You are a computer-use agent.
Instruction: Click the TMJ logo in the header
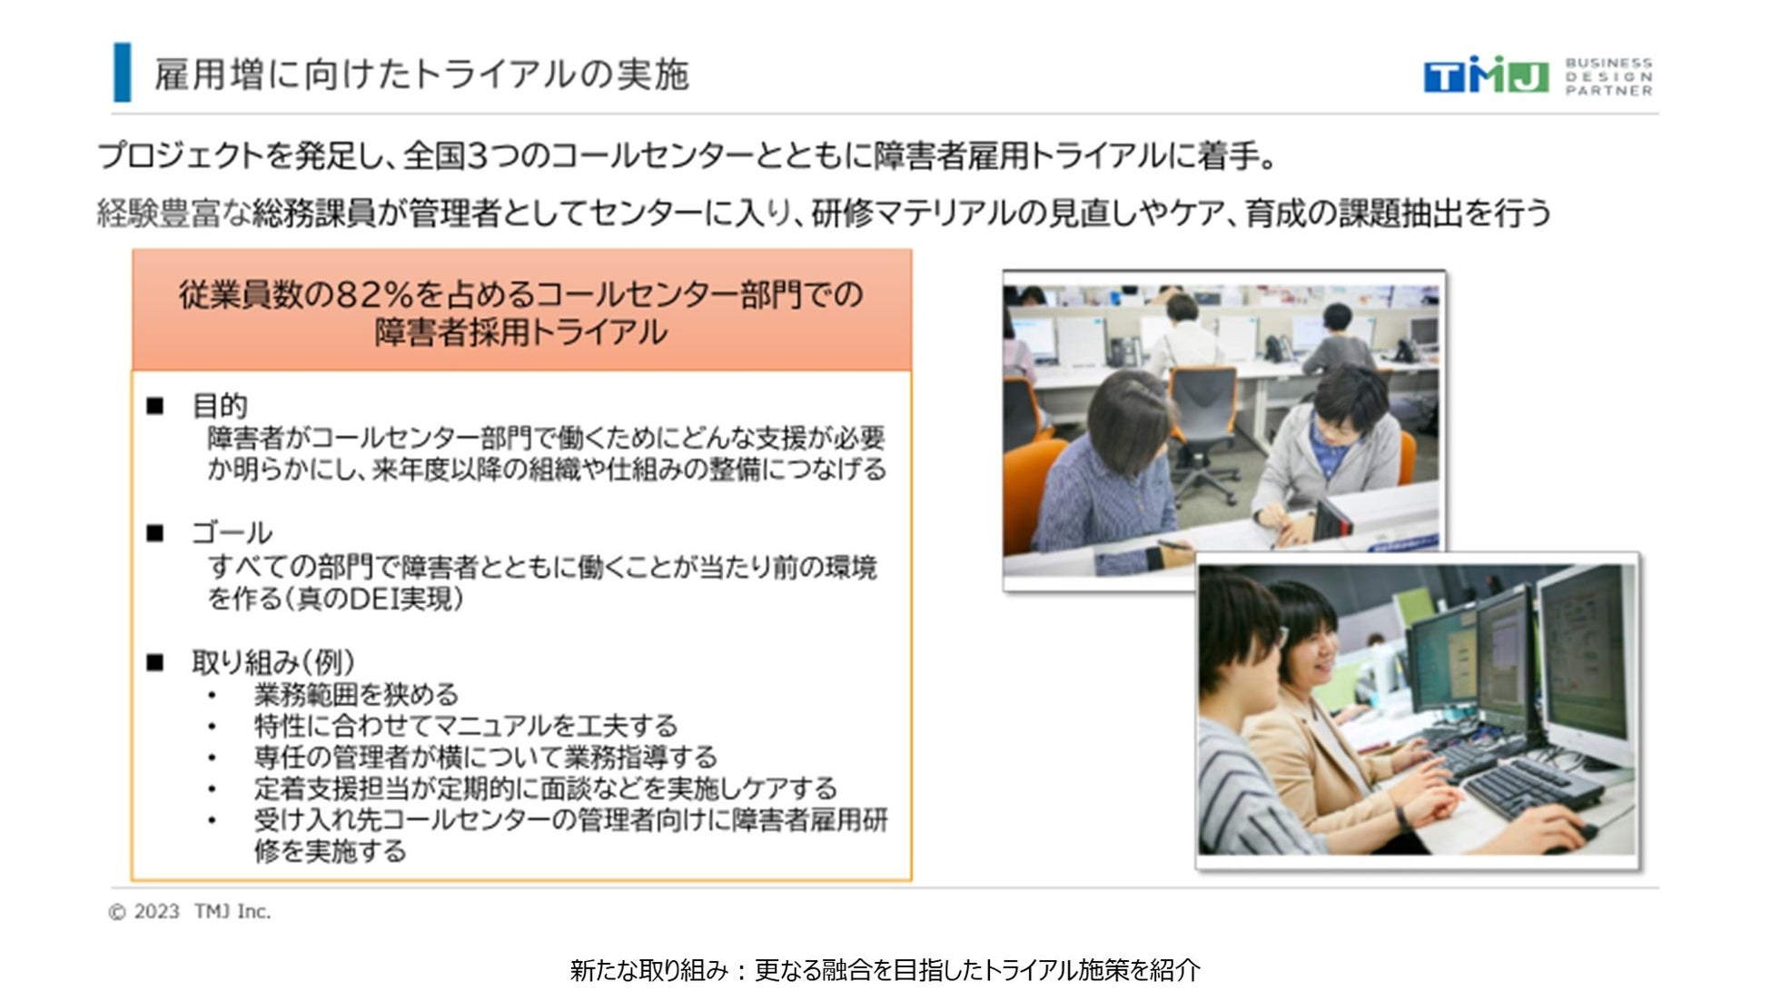tap(1486, 74)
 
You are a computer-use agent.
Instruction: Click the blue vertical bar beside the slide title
tap(122, 72)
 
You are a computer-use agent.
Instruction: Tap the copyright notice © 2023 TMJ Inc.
tap(189, 911)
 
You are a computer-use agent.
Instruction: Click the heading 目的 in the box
tap(219, 405)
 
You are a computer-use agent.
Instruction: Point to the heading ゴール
tap(231, 532)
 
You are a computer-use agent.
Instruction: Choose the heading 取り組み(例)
tap(272, 661)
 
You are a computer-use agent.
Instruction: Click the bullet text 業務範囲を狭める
tap(356, 695)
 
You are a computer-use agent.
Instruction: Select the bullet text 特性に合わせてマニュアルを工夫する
tap(466, 726)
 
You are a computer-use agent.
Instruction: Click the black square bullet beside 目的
tap(155, 406)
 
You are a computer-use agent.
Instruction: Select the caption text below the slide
tap(885, 970)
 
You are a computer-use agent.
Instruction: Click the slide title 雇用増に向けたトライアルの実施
tap(421, 74)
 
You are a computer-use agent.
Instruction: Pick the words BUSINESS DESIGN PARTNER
tap(1608, 76)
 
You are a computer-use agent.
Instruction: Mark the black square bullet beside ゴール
tap(155, 533)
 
